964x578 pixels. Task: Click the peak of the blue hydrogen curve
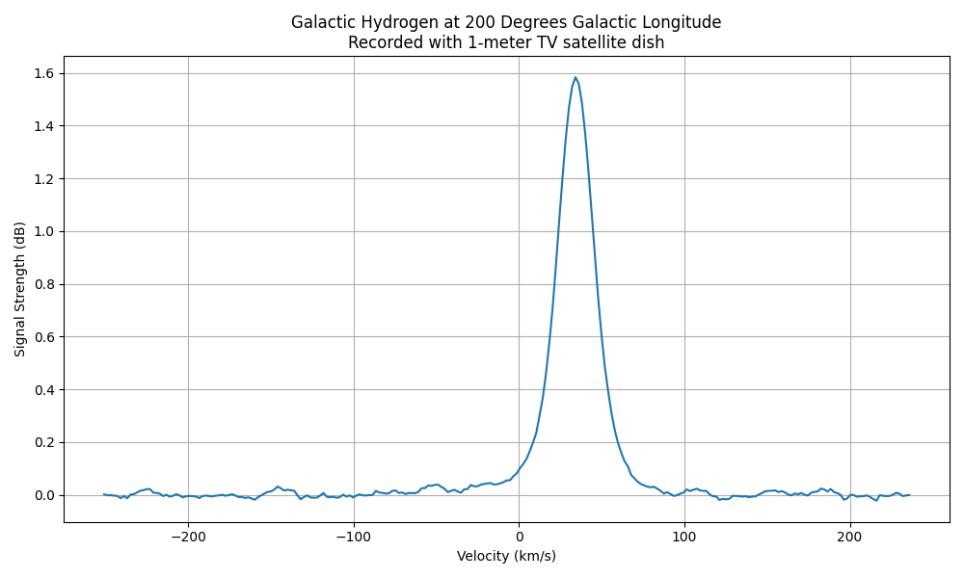(x=576, y=77)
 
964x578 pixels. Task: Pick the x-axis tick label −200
(x=188, y=536)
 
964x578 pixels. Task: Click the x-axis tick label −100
(x=354, y=536)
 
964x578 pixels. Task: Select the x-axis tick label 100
(x=684, y=536)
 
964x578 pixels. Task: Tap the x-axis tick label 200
(x=849, y=536)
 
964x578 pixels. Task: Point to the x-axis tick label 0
(x=519, y=536)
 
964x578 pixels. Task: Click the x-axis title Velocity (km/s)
(x=506, y=556)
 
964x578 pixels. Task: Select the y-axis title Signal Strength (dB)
(x=20, y=289)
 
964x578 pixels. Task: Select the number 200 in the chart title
(x=475, y=22)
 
